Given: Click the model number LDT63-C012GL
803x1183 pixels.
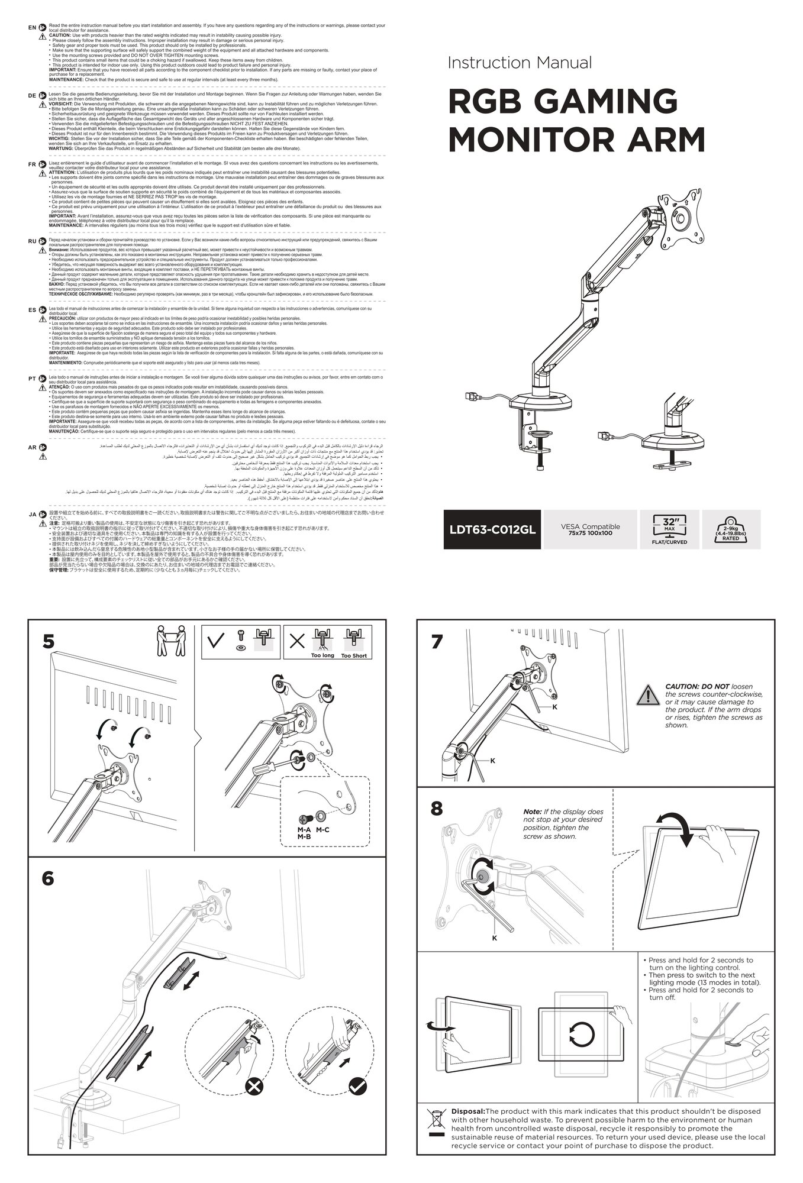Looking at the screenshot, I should point(492,529).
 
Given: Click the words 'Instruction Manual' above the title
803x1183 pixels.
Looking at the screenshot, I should point(520,63).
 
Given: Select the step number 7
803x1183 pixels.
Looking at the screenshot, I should point(437,642).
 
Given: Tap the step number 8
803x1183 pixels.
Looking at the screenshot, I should point(437,809).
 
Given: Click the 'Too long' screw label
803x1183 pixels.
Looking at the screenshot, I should point(323,655).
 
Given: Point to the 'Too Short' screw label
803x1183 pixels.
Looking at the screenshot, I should point(354,655).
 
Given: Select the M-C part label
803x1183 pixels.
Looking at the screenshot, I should point(323,830).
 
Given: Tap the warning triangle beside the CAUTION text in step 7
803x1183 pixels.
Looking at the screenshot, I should point(651,694).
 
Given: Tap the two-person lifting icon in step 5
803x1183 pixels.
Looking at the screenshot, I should point(169,641).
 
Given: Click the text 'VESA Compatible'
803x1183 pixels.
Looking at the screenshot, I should point(590,526).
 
